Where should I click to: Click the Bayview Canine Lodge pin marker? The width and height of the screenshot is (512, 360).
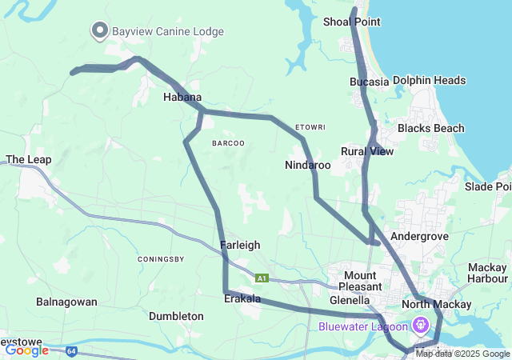click(x=100, y=30)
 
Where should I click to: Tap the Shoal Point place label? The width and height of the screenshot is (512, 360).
click(x=351, y=22)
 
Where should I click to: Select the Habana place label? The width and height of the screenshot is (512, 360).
click(x=182, y=97)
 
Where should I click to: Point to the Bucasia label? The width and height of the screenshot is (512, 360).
click(x=369, y=82)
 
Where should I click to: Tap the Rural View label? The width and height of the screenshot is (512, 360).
click(x=367, y=151)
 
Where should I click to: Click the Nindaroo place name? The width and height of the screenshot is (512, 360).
click(x=307, y=166)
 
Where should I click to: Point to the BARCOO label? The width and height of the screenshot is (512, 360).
click(x=228, y=142)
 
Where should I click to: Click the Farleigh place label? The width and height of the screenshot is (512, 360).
click(x=240, y=245)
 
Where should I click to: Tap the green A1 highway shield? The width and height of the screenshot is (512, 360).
click(x=262, y=278)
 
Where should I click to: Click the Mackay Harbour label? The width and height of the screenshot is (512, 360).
click(x=487, y=273)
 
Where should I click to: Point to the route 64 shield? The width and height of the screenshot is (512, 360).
click(x=71, y=350)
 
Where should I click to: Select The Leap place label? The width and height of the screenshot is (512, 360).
click(x=29, y=160)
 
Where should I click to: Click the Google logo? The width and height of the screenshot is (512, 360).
click(x=26, y=350)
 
